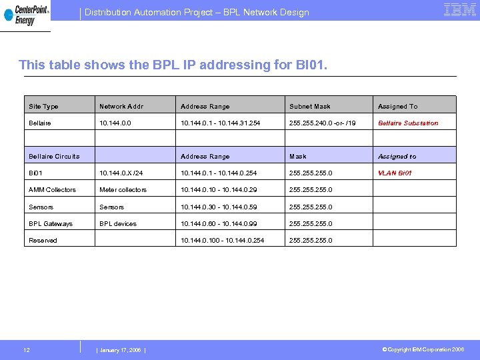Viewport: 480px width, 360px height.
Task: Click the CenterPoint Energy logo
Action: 25,15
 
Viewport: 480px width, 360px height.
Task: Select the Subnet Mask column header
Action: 310,107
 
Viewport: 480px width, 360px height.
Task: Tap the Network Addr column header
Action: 121,107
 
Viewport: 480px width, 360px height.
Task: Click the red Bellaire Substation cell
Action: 408,123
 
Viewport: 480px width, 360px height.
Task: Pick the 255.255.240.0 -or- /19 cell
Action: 323,123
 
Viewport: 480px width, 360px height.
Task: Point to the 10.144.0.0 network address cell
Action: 115,123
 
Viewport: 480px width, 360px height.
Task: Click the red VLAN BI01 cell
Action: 395,173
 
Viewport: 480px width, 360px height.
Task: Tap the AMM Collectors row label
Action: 52,190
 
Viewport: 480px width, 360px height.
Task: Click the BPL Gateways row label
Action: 51,224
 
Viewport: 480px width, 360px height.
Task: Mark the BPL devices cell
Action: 118,224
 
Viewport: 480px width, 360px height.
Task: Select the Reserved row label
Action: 43,241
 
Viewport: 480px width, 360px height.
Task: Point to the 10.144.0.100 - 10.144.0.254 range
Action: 222,241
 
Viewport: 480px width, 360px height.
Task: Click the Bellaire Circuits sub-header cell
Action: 54,157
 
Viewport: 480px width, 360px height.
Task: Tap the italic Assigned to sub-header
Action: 397,157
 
